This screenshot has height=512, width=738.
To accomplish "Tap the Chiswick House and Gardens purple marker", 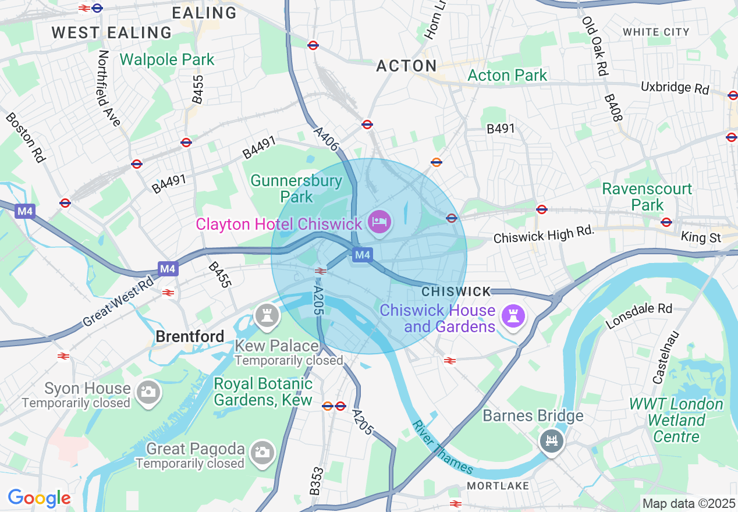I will tap(515, 317).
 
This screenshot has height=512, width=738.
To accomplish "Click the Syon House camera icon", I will tap(148, 392).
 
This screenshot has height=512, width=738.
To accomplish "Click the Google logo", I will tap(39, 498).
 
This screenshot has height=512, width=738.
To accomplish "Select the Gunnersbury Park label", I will tap(297, 189).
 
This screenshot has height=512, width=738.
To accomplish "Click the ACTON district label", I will tap(406, 66).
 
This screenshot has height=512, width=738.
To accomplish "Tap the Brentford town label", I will tap(190, 336).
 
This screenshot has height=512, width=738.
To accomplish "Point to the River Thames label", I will tap(442, 446).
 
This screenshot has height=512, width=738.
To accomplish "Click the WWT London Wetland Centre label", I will tap(676, 420).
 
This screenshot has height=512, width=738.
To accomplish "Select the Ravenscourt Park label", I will tap(647, 197).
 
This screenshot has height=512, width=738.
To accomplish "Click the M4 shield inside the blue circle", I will tap(362, 255).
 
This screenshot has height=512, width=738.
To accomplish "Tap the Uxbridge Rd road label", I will tap(675, 88).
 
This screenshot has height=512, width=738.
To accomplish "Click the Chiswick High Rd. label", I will tap(544, 235).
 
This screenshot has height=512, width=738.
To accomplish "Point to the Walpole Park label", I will tap(167, 59).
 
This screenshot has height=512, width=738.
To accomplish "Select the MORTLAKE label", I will tap(498, 486).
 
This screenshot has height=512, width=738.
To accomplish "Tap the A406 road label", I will tap(326, 140).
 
